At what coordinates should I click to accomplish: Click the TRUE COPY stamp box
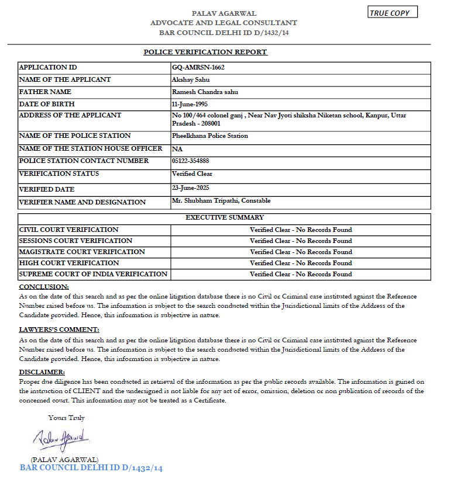point(393,12)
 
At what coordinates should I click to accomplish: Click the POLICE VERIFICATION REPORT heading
point(205,52)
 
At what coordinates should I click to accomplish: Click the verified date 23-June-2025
point(191,188)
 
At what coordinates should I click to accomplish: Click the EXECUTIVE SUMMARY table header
point(224,218)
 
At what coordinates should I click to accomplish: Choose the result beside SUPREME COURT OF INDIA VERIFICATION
point(301,274)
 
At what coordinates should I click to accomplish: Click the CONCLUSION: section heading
point(44,287)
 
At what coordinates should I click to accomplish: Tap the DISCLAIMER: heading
point(42,372)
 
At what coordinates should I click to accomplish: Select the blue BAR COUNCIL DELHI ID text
point(91,468)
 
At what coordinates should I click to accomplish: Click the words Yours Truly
point(67,418)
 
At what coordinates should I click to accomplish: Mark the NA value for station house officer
point(176,149)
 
